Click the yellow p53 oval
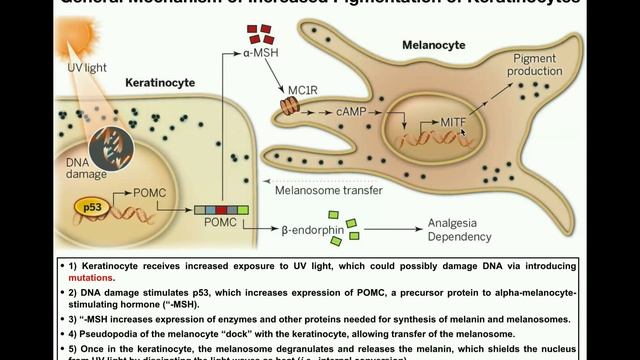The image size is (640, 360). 89,209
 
